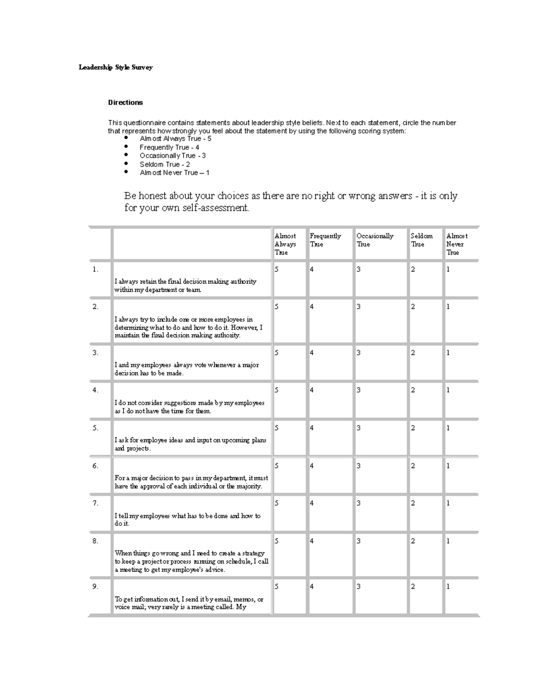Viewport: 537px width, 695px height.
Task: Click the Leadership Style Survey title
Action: click(115, 68)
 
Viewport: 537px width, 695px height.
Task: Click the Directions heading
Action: click(125, 102)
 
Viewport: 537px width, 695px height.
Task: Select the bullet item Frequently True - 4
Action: click(169, 147)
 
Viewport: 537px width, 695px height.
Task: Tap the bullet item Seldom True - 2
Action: click(165, 164)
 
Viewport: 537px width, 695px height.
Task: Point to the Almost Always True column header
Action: click(285, 244)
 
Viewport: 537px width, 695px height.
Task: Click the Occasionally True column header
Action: click(375, 240)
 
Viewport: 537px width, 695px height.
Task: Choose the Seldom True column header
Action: click(422, 240)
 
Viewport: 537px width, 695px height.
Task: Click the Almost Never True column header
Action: click(456, 244)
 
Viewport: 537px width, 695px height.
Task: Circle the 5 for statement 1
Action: click(277, 269)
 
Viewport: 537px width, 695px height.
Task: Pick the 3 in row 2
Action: click(358, 307)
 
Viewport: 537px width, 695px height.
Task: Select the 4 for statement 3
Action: click(312, 353)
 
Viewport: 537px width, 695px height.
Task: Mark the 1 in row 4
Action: click(448, 390)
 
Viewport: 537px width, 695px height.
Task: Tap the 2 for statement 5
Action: click(413, 428)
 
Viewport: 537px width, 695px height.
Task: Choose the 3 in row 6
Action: click(358, 466)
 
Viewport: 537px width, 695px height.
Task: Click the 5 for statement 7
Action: click(277, 503)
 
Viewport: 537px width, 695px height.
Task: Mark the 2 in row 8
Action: click(413, 541)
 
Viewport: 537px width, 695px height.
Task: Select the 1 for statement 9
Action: click(448, 586)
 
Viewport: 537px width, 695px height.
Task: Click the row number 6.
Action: click(95, 466)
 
